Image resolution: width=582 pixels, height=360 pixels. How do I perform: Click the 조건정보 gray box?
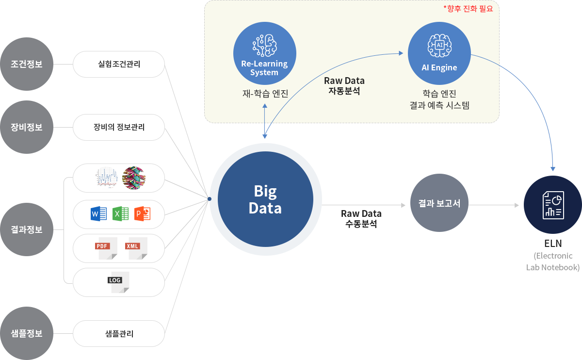click(27, 64)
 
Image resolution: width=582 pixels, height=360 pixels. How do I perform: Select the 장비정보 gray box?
click(27, 127)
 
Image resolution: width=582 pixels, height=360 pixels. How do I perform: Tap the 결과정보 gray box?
click(27, 229)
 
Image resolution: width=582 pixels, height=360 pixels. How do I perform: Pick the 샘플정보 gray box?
click(27, 333)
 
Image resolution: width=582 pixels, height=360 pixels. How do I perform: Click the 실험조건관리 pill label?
click(119, 64)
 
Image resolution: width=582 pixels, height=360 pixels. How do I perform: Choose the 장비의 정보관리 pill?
click(119, 128)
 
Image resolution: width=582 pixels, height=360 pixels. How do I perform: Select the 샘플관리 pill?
click(119, 333)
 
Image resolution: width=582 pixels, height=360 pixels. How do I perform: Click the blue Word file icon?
click(98, 214)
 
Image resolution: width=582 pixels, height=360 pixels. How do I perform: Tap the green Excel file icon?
click(120, 214)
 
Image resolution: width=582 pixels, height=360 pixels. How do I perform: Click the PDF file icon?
click(107, 248)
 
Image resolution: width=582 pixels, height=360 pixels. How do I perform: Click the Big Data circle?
click(265, 199)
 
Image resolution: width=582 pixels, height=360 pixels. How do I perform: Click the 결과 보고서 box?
click(439, 203)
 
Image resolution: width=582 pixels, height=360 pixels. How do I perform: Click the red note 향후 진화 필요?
click(468, 8)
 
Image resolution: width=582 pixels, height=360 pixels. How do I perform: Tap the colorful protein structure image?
click(134, 178)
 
